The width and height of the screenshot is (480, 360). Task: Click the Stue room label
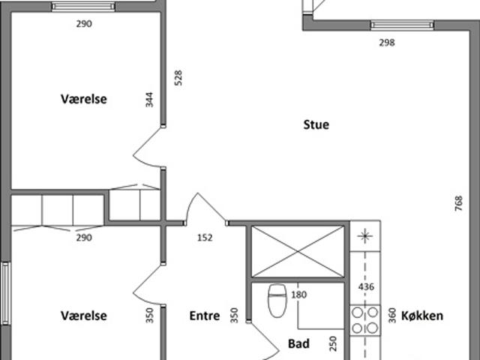point(316,124)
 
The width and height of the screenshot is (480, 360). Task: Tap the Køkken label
point(422,316)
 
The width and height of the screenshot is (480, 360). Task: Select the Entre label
point(205,316)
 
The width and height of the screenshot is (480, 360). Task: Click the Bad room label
point(298,343)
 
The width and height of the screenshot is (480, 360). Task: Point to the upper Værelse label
point(84,99)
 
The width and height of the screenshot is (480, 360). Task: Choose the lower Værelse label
point(84,316)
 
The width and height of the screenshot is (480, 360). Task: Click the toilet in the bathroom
point(277,301)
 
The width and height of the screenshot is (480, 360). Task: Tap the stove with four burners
point(365,320)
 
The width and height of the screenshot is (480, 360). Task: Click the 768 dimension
point(458,203)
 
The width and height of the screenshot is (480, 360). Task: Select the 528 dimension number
point(178,78)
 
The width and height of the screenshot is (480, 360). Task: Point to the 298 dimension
point(387,43)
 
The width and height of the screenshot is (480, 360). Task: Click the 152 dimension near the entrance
point(205,238)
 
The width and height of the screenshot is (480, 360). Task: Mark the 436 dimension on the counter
point(366,286)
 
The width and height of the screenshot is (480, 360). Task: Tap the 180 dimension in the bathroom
point(298,295)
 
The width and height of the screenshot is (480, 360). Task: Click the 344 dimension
point(149,100)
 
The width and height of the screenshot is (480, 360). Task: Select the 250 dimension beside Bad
point(333,343)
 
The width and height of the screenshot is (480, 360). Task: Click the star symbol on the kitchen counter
point(365,236)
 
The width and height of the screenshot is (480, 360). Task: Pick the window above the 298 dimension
point(402,25)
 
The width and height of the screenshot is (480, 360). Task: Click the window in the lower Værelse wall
point(6,293)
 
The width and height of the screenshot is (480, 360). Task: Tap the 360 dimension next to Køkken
point(392,316)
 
